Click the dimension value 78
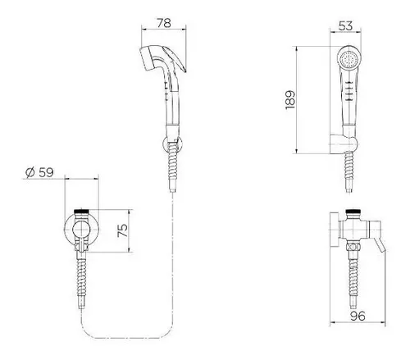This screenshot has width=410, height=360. click(164, 23)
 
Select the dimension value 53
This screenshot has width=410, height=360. click(345, 26)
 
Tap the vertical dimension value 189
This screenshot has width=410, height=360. click(290, 100)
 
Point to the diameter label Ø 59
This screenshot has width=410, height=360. click(40, 172)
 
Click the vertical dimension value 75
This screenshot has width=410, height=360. click(122, 230)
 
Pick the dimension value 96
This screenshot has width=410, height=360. click(358, 316)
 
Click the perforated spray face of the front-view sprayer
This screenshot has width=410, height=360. click(348, 59)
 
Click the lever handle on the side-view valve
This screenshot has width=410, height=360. click(380, 244)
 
